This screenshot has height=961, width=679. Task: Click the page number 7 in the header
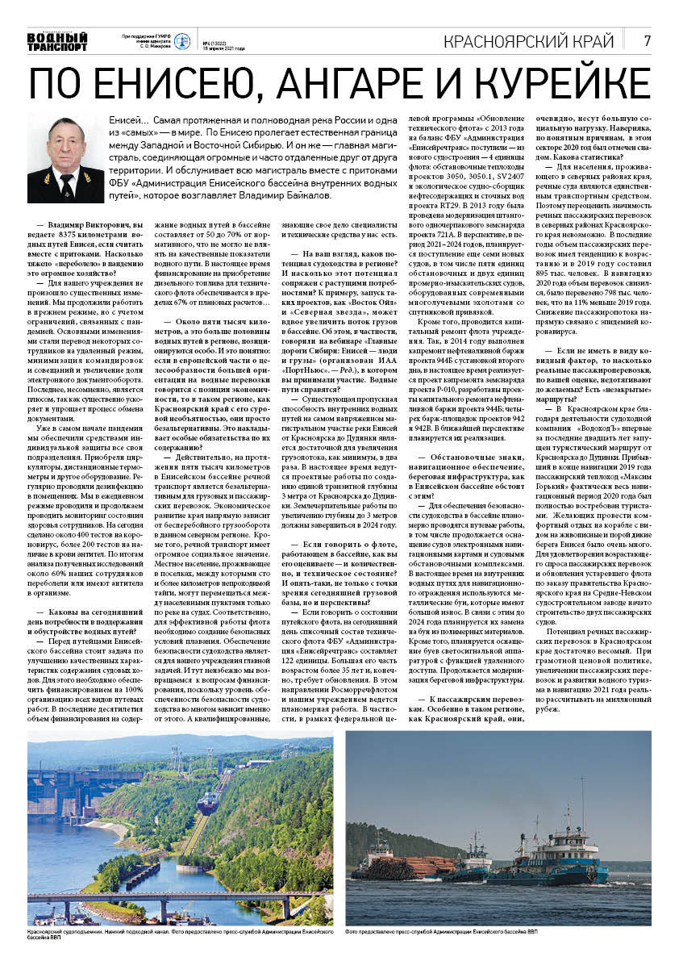point(648,40)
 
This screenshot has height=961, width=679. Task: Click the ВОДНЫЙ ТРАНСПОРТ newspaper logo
point(56,41)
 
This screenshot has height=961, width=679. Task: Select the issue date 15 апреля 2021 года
point(223,48)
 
